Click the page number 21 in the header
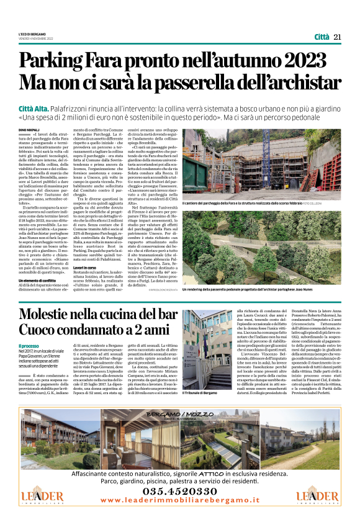click(337, 37)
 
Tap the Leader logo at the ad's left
click(42, 497)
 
